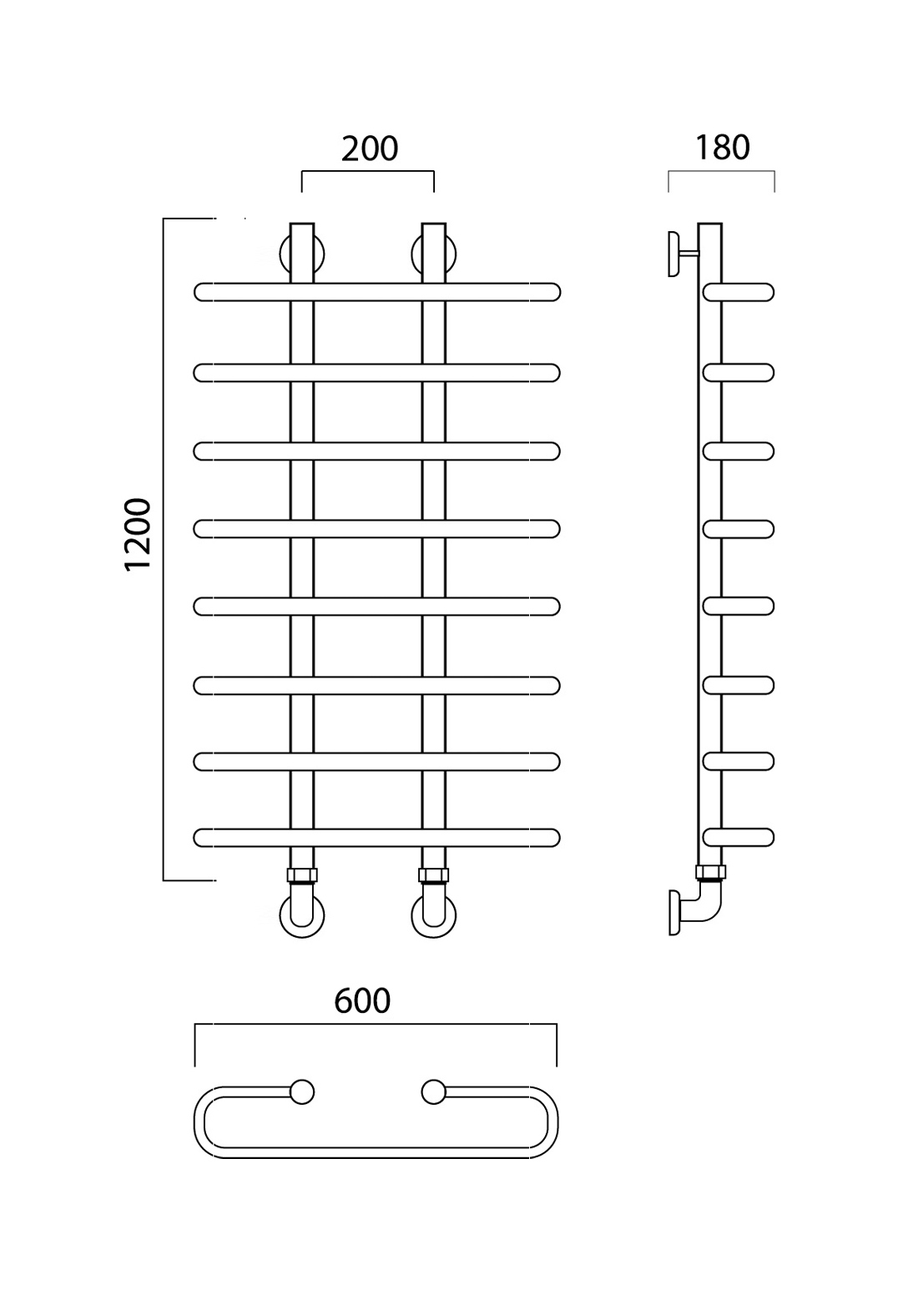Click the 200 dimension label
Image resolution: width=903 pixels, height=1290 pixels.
369,149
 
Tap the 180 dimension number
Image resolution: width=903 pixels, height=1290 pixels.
722,148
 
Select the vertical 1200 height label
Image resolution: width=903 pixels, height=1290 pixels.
138,535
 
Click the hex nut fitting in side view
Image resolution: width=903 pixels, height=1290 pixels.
711,873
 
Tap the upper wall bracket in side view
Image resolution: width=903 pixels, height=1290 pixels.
673,254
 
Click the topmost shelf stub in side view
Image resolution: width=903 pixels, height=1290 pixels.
739,292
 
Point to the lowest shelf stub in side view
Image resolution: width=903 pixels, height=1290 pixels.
739,838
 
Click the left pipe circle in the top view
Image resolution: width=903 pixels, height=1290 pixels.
302,1092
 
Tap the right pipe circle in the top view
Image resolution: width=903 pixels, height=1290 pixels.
434,1092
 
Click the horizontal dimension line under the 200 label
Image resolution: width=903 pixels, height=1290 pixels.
368,171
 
